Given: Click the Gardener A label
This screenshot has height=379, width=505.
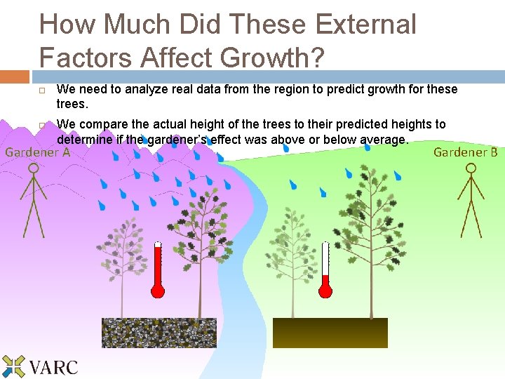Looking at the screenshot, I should (37, 152).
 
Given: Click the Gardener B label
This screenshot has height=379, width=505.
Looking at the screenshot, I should (465, 152).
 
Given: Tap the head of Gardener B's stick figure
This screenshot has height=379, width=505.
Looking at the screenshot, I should (471, 168).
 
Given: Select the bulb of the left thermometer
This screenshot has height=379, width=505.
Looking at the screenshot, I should (157, 289).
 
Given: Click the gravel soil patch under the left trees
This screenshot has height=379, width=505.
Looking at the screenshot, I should (159, 333).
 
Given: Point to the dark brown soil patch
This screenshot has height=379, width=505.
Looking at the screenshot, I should (330, 333).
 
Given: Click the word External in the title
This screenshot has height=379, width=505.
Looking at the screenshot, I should (365, 24).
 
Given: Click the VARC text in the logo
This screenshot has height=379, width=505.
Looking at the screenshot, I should (54, 366).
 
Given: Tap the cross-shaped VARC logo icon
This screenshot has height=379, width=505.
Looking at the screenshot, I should (13, 366).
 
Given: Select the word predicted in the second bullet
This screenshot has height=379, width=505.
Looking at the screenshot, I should (375, 124).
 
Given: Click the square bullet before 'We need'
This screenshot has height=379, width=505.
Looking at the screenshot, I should (43, 91).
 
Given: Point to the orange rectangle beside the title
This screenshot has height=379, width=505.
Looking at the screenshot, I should (15, 77).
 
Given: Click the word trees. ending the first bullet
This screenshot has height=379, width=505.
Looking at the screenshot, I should (72, 104).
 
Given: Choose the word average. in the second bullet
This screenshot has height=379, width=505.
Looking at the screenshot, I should (384, 140).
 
